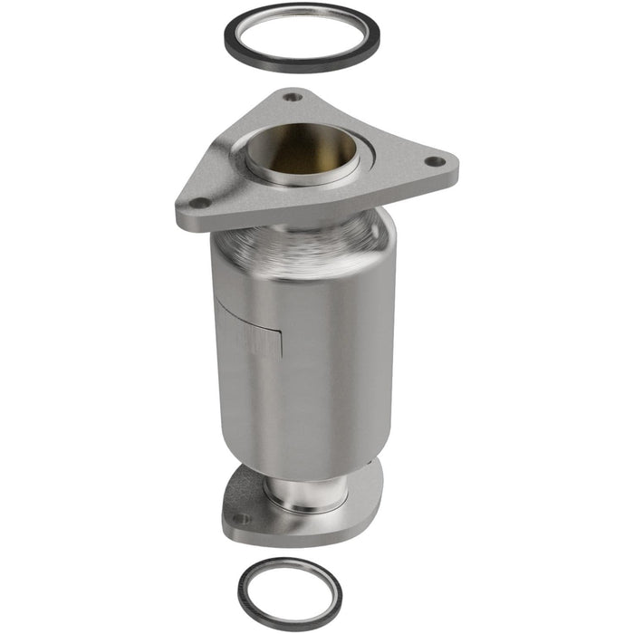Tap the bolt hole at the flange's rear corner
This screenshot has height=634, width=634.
[x=293, y=97]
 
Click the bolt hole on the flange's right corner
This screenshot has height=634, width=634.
[x=434, y=161]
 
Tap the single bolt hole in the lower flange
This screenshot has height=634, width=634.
[x=240, y=519]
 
